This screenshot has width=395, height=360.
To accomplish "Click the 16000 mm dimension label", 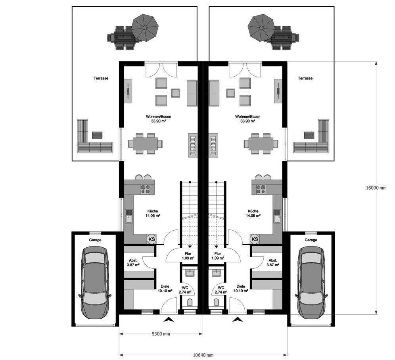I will (376, 188).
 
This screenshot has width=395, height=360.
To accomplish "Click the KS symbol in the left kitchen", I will (151, 239).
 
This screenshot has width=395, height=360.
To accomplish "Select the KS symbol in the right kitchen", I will (255, 239).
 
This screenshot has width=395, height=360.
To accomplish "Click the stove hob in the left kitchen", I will (145, 189).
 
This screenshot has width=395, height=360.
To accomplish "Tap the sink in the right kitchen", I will (276, 217).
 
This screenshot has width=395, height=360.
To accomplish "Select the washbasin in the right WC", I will (217, 273).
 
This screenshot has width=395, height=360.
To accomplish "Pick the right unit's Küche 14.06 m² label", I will (253, 214).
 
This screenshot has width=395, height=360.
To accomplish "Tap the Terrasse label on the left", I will (101, 79).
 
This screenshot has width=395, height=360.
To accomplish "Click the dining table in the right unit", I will (261, 143).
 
